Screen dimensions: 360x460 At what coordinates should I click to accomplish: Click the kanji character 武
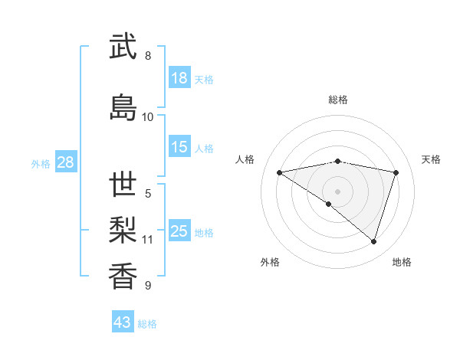click(123, 47)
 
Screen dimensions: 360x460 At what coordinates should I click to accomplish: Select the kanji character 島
click(123, 108)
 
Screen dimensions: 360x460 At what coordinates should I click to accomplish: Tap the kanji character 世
click(123, 185)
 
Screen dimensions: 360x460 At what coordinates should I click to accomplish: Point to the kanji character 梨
click(123, 231)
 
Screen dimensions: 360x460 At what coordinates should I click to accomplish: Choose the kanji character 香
click(123, 277)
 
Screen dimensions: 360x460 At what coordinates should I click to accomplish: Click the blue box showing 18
click(179, 78)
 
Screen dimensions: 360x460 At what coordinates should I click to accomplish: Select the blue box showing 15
click(179, 147)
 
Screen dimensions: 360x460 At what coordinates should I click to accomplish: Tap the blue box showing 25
click(179, 231)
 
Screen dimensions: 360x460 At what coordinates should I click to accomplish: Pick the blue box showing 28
click(65, 162)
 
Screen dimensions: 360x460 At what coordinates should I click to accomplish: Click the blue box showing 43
click(123, 322)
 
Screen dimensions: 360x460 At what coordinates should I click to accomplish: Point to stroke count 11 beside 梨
click(148, 240)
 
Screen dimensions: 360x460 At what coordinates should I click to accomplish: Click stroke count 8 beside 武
click(148, 56)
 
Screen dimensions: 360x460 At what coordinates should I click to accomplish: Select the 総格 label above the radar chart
click(338, 100)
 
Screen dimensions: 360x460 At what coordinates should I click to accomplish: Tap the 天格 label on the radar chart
click(431, 159)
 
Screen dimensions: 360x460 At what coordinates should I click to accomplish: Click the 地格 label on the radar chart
click(402, 262)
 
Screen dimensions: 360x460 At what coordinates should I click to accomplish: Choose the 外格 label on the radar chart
click(270, 262)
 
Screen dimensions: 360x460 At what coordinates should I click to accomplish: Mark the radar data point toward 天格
click(396, 172)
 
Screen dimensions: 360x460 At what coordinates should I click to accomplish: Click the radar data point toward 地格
click(373, 241)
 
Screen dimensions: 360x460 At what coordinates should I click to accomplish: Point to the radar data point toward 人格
click(280, 172)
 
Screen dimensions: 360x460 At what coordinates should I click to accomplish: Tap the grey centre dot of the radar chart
click(337, 191)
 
